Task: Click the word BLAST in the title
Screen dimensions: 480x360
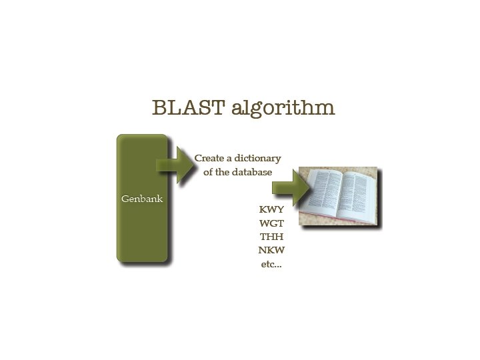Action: click(x=189, y=107)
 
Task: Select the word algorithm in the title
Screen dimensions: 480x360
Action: click(x=283, y=109)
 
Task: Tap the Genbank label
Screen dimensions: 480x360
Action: click(x=142, y=199)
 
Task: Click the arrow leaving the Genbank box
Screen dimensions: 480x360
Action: click(x=175, y=165)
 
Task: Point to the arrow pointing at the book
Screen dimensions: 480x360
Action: click(x=291, y=187)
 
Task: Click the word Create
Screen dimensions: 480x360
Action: click(x=209, y=158)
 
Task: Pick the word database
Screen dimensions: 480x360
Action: click(x=251, y=172)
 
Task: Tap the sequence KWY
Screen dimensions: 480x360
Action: click(x=271, y=209)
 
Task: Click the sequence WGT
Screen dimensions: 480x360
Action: click(x=271, y=223)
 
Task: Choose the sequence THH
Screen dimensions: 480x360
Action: click(x=271, y=237)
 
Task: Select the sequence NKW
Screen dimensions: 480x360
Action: click(x=271, y=250)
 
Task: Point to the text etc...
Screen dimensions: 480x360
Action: click(x=271, y=264)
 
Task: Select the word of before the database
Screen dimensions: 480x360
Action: click(x=208, y=172)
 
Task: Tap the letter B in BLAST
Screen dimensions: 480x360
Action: click(x=159, y=107)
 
